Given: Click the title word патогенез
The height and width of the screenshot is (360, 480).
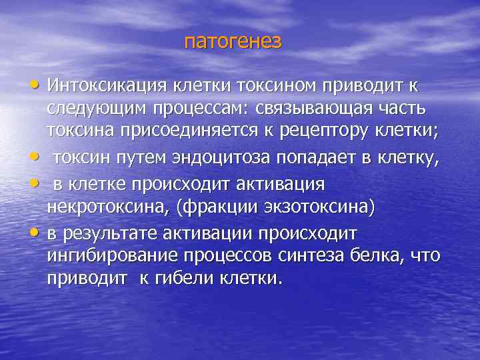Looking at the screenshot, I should point(233,42).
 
